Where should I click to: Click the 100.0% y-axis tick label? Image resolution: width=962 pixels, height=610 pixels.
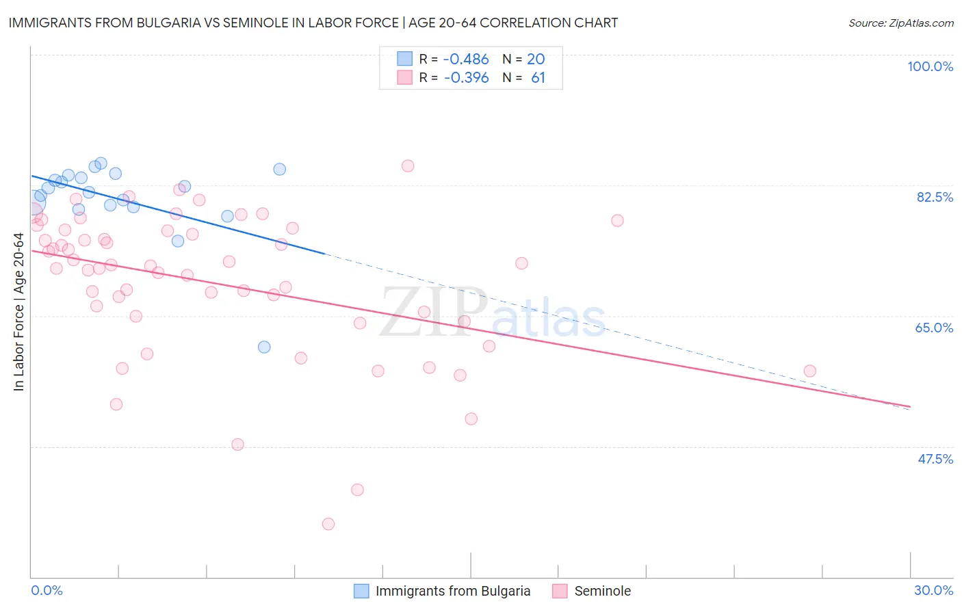930,66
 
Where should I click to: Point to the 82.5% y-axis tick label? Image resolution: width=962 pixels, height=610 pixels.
935,197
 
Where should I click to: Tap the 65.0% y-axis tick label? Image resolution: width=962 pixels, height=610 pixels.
934,328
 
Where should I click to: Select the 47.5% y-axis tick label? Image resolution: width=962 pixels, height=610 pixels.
935,459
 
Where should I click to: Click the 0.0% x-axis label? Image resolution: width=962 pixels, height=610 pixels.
47,590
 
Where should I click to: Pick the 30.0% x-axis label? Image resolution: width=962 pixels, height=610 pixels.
933,590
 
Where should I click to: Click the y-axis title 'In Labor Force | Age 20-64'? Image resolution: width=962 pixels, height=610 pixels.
18,312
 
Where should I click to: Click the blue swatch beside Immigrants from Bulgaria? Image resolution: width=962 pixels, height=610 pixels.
361,591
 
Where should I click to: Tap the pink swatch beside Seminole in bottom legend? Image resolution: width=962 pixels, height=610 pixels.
560,591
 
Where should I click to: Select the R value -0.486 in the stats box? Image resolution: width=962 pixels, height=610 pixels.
466,59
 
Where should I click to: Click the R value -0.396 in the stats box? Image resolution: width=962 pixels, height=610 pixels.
466,78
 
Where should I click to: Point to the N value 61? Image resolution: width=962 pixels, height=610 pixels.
538,78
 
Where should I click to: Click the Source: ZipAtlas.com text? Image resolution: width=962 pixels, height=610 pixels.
900,23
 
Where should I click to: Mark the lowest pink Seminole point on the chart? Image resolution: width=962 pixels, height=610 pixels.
328,524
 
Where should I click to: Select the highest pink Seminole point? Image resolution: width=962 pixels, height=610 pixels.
408,165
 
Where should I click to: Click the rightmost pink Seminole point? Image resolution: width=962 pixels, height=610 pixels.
810,371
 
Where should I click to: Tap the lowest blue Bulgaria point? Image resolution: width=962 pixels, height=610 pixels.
264,347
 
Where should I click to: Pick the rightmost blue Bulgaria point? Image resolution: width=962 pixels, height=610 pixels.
279,169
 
